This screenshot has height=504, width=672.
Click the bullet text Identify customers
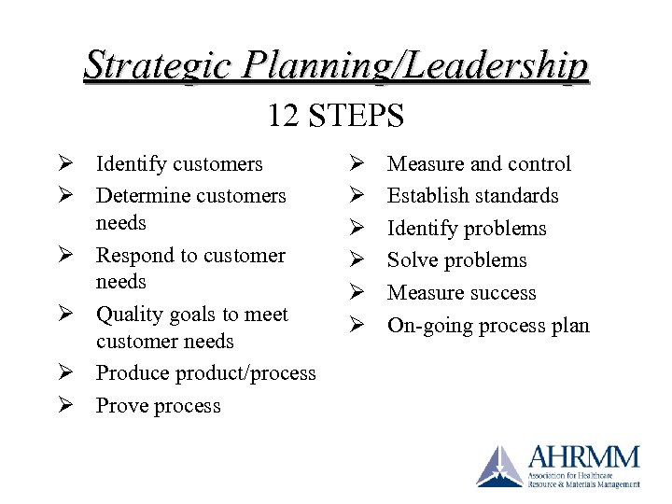[179, 164]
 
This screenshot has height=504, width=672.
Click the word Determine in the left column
[141, 196]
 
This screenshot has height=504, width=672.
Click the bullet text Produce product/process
[205, 373]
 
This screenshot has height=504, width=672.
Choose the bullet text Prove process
[158, 406]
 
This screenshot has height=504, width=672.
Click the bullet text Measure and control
[479, 164]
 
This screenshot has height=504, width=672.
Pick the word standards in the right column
[514, 196]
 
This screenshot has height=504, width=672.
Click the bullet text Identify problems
[467, 229]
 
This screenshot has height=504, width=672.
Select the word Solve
[412, 260]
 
